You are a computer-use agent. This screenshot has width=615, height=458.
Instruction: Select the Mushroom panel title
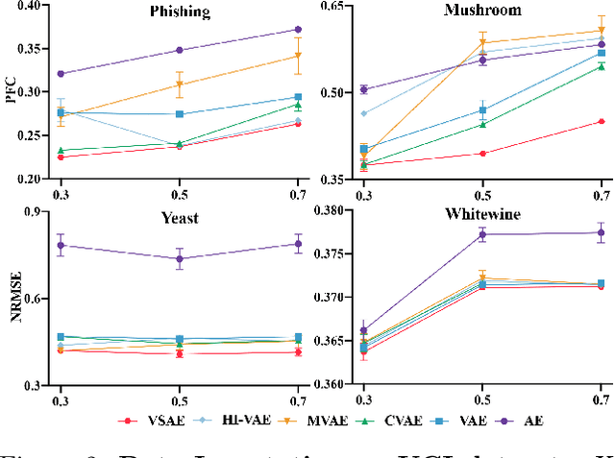click(x=483, y=12)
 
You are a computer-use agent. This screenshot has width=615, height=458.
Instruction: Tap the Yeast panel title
click(x=180, y=218)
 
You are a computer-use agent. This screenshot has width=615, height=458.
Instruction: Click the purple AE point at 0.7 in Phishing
click(x=298, y=30)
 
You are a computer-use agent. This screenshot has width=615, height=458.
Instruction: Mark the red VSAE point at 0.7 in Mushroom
click(x=601, y=121)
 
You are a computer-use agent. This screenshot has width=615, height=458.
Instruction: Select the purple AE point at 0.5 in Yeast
click(x=179, y=258)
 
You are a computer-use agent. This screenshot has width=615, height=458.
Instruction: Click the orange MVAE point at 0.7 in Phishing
click(x=298, y=56)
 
